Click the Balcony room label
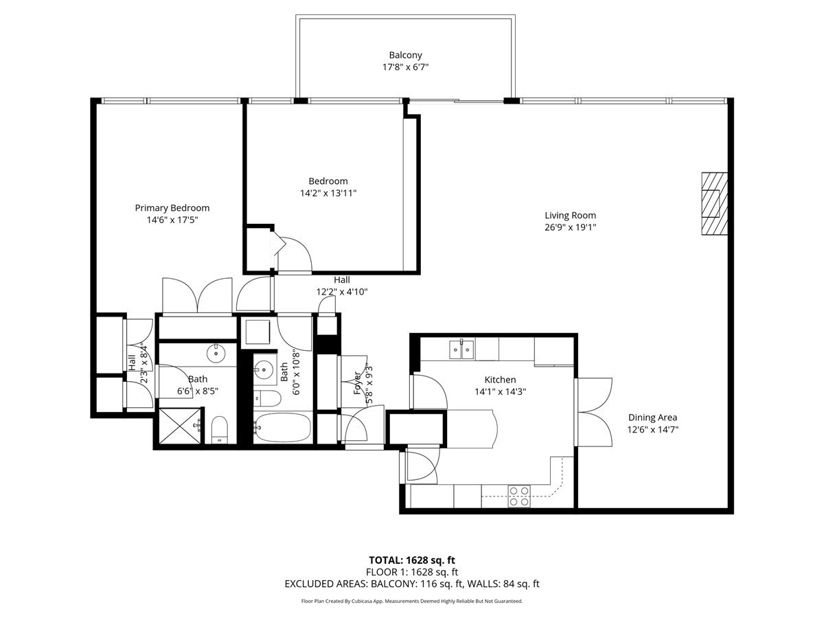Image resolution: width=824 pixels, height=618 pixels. [405, 55]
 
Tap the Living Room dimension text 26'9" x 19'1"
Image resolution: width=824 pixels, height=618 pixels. [570, 227]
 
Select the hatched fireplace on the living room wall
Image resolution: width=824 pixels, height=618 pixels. [714, 204]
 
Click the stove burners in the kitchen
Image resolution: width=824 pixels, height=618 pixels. [519, 496]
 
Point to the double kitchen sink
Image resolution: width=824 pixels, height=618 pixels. [461, 350]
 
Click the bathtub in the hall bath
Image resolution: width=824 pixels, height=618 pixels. [282, 428]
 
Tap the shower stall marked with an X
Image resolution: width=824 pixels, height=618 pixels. [181, 426]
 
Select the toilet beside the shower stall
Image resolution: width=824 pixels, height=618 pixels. [219, 430]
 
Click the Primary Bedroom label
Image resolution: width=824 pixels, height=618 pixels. [172, 208]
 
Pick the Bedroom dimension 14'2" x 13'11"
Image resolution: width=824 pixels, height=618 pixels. [328, 193]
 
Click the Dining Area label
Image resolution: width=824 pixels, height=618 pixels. [653, 417]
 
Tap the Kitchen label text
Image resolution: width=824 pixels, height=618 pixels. [500, 380]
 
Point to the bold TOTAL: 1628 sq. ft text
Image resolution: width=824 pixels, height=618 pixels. [412, 560]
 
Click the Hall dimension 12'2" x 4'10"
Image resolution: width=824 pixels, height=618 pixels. [342, 292]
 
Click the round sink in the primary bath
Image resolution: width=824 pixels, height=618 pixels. [216, 354]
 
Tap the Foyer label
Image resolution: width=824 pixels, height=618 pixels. [358, 382]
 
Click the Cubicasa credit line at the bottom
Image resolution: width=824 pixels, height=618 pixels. [412, 601]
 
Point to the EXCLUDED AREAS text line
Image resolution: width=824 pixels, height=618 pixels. [412, 584]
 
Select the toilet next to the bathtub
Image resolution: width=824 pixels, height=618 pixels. [267, 398]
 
